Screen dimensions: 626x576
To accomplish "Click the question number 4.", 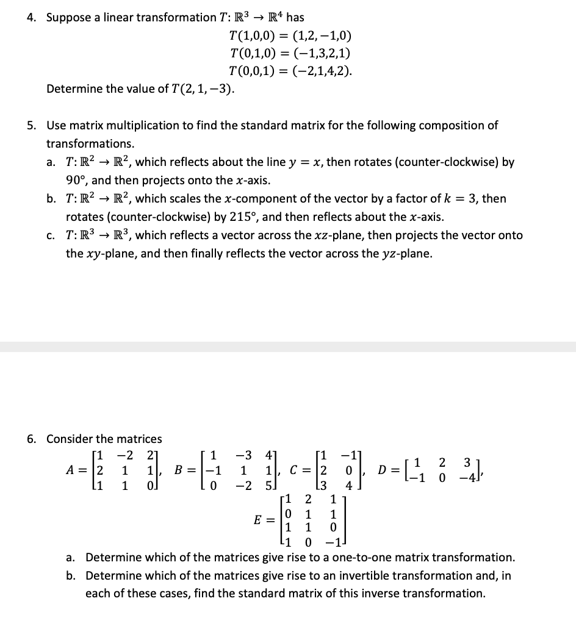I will pos(32,17).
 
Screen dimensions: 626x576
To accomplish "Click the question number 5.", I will pos(32,126).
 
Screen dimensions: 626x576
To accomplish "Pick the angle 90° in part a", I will pos(76,181).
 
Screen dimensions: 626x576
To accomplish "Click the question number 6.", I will pos(32,439).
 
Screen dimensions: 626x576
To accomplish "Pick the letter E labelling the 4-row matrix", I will pos(259,520).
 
